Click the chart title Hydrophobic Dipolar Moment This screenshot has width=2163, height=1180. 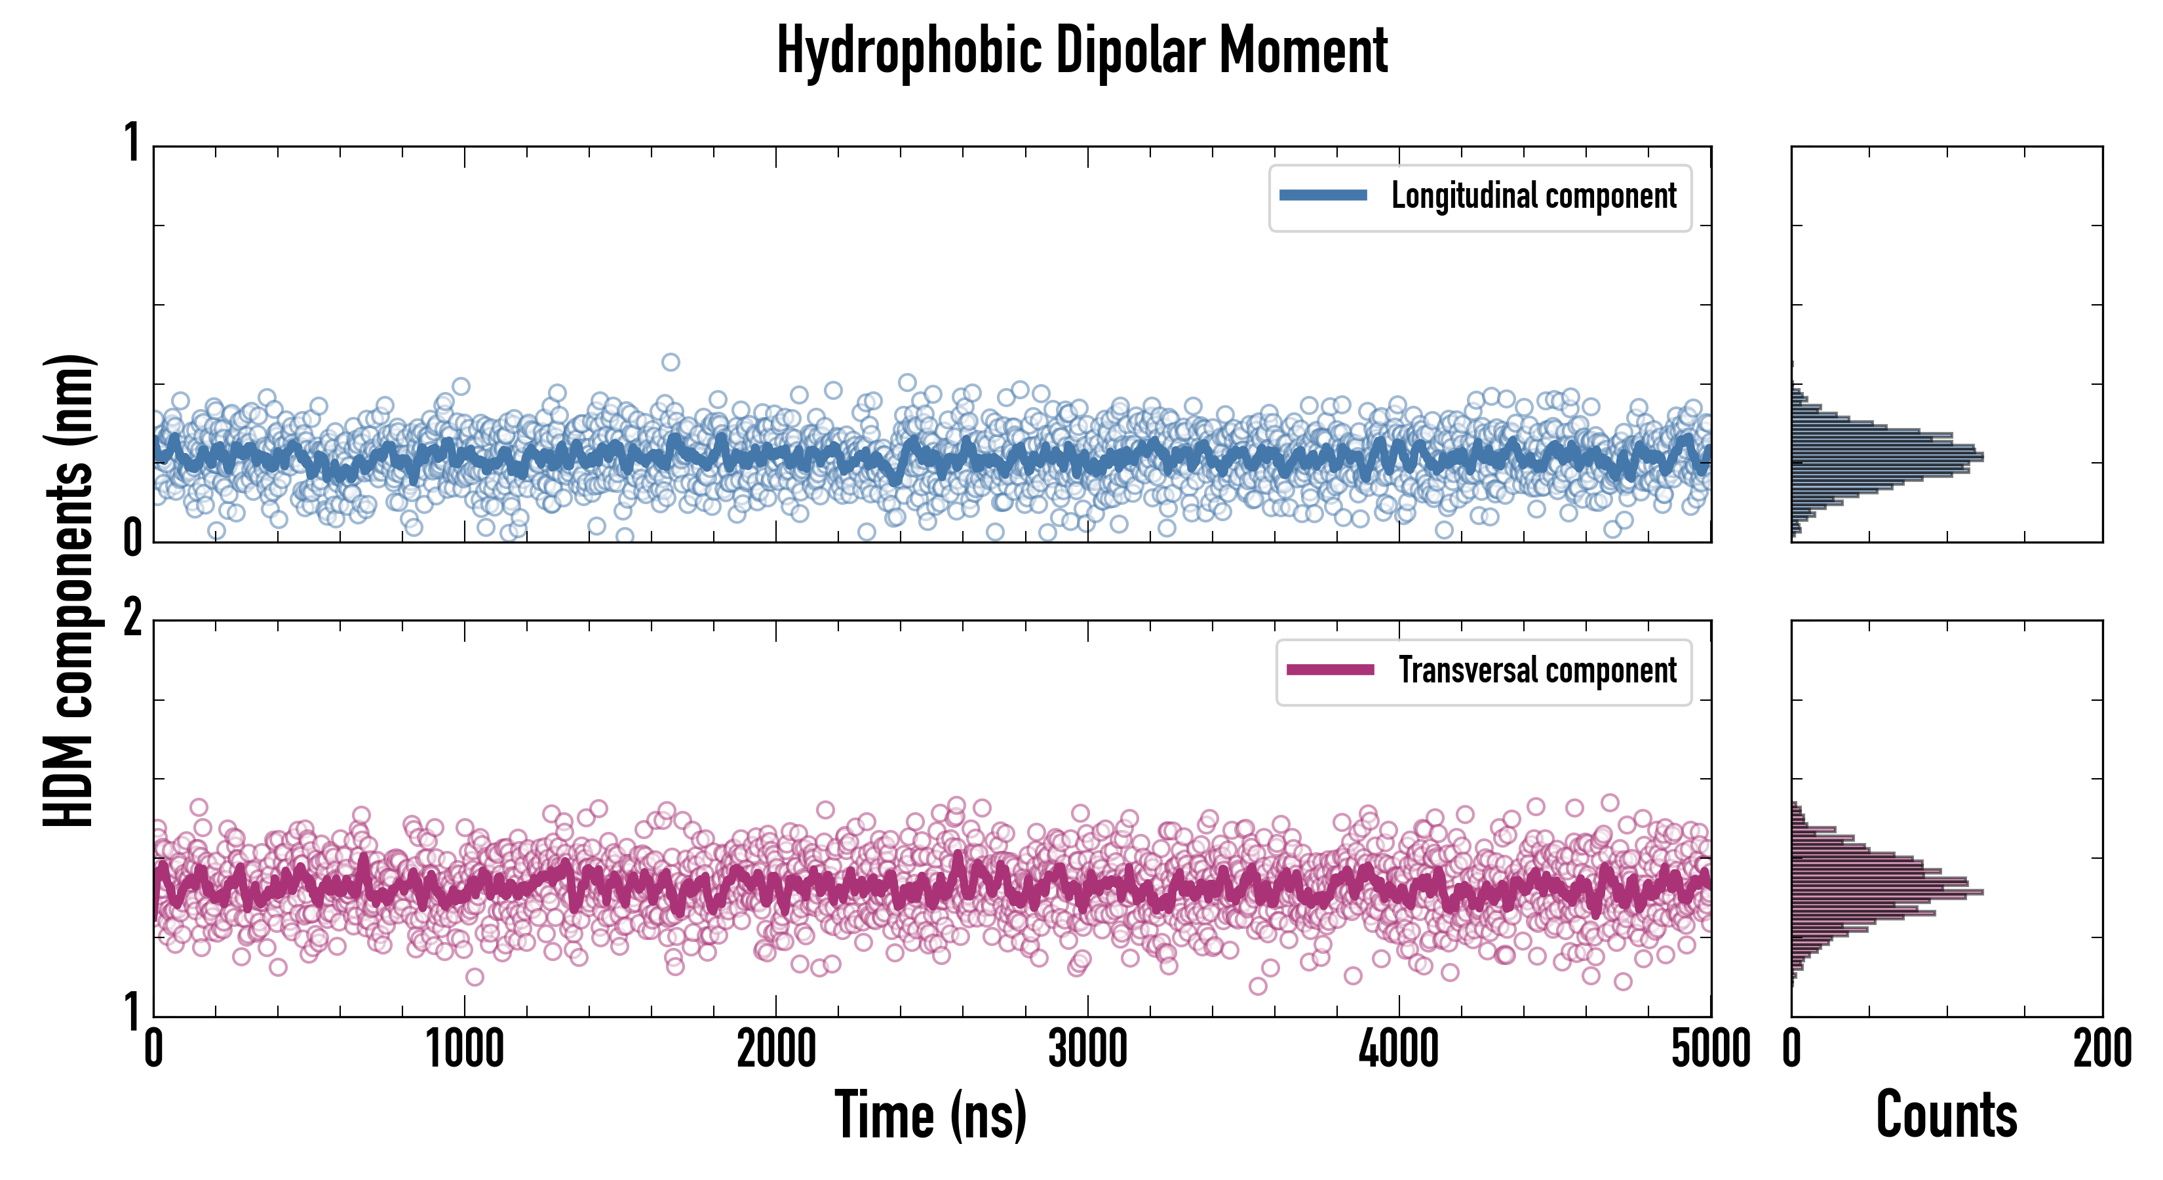point(1081,50)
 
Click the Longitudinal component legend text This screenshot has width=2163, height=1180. point(1533,196)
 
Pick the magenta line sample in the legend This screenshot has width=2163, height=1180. point(1330,670)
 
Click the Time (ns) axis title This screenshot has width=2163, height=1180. point(930,1114)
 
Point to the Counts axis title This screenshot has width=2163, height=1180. point(1946,1114)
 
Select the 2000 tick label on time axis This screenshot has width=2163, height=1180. point(777,1050)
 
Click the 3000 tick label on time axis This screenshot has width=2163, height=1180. point(1088,1050)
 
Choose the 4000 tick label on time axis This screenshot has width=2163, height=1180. point(1399,1050)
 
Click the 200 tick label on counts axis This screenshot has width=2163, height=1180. point(2101,1050)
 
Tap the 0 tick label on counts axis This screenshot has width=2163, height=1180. point(1792,1050)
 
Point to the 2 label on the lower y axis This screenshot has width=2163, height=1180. point(132,619)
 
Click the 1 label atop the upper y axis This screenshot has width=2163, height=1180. point(132,144)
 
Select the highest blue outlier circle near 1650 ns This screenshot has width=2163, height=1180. point(670,362)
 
